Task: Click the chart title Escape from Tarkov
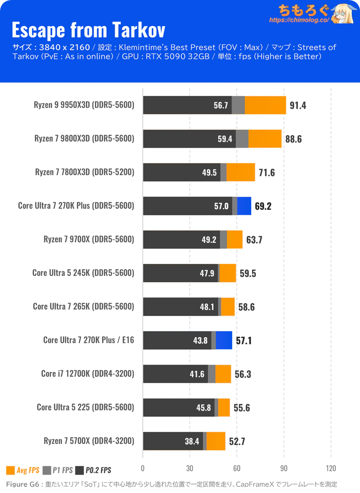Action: (x=88, y=30)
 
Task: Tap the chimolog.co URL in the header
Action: (x=299, y=20)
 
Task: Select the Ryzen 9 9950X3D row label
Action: (x=84, y=105)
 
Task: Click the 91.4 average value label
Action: (x=298, y=105)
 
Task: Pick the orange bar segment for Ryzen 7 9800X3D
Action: (x=265, y=139)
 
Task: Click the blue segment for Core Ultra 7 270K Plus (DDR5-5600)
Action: (x=244, y=206)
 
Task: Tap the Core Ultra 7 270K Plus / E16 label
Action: (x=89, y=340)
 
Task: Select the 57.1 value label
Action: (x=243, y=340)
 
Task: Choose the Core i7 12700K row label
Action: (x=88, y=373)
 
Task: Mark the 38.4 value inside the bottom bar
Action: (x=192, y=441)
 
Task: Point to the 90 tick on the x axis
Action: (x=283, y=467)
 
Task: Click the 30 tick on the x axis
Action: (x=189, y=467)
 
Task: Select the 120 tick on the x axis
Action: (x=331, y=467)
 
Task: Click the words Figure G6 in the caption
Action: (x=22, y=484)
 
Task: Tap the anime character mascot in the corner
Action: (x=343, y=14)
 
